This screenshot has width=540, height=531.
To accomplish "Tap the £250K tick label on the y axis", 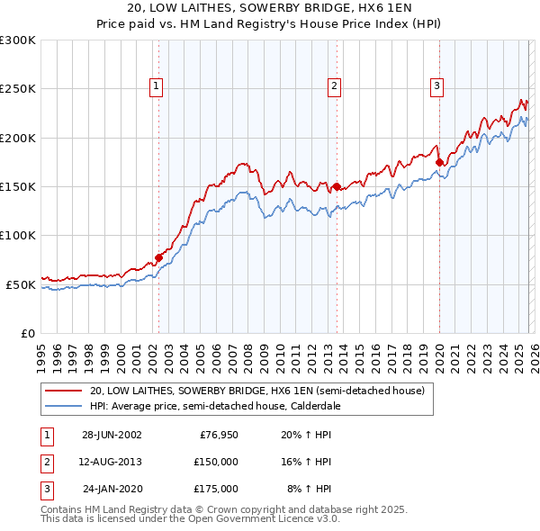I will (x=18, y=89).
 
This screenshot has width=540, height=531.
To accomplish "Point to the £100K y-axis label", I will (x=18, y=235).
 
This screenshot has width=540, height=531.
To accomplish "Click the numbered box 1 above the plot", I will (x=157, y=86).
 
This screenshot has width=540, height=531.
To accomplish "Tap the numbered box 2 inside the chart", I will (x=334, y=86).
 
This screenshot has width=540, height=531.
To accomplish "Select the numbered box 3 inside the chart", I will (x=436, y=86).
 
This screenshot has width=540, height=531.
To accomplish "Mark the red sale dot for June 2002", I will (x=159, y=257).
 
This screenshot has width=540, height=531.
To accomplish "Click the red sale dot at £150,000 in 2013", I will (x=336, y=187).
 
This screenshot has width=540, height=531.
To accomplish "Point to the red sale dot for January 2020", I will (x=439, y=163).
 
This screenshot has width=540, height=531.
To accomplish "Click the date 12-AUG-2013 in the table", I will (x=112, y=463).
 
